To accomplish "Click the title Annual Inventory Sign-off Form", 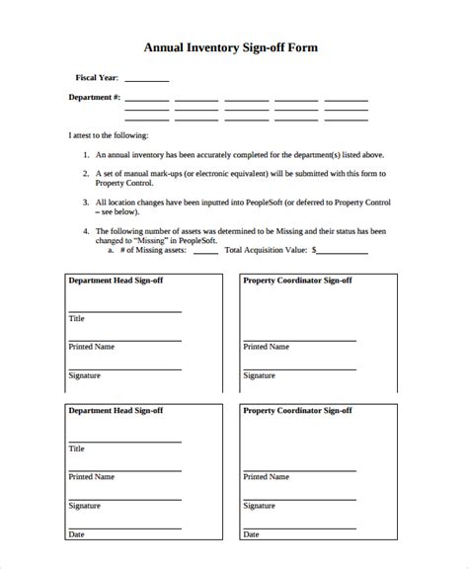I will pyautogui.click(x=233, y=46).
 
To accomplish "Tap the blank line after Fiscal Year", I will pyautogui.click(x=147, y=80).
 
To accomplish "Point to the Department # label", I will pyautogui.click(x=95, y=98).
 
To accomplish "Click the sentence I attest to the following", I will pyautogui.click(x=108, y=134).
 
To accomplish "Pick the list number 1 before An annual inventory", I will pyautogui.click(x=85, y=155).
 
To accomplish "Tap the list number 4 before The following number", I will pyautogui.click(x=85, y=232).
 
